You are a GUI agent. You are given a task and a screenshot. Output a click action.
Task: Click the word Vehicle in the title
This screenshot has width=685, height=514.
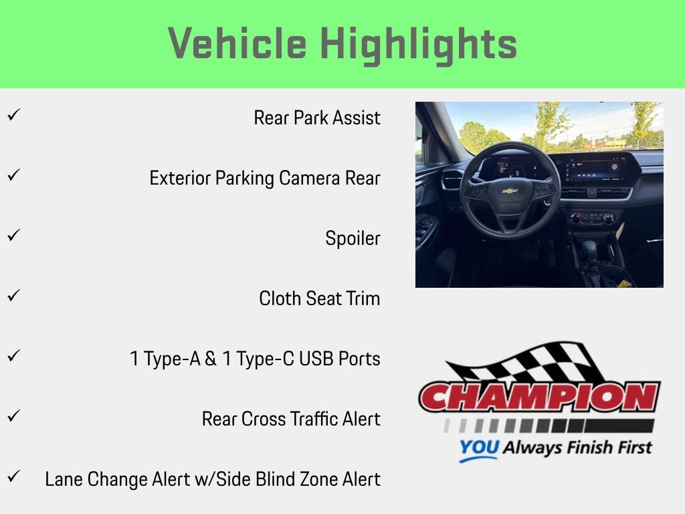click(x=237, y=43)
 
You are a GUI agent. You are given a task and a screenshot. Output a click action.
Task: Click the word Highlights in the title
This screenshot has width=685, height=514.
click(x=419, y=46)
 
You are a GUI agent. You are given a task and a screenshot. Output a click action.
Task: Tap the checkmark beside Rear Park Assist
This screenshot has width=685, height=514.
click(x=13, y=114)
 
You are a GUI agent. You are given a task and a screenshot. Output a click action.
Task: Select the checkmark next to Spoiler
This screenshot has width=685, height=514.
click(x=13, y=235)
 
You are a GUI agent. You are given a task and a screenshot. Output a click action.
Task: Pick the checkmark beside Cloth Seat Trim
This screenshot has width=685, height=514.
click(x=13, y=295)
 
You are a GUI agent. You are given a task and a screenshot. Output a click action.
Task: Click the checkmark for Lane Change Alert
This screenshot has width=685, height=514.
click(x=13, y=476)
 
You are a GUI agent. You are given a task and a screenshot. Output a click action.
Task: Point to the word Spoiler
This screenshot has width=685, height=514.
click(x=353, y=239)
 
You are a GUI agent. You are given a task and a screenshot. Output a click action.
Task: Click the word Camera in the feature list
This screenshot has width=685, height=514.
click(x=309, y=178)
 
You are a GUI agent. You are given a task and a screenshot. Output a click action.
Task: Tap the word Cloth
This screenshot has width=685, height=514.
click(x=280, y=298)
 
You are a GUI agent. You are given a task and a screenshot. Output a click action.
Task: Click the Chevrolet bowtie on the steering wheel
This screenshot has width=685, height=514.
click(x=509, y=191)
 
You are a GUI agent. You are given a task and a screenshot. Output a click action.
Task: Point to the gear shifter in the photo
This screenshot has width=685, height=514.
click(x=590, y=252)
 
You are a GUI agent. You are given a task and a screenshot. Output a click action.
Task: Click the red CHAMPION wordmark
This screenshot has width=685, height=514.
click(x=539, y=398)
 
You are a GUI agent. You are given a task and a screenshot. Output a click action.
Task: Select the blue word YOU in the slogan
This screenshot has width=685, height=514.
click(x=479, y=447)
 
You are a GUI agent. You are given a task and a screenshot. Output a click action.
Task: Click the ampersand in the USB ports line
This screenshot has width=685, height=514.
click(x=211, y=359)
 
